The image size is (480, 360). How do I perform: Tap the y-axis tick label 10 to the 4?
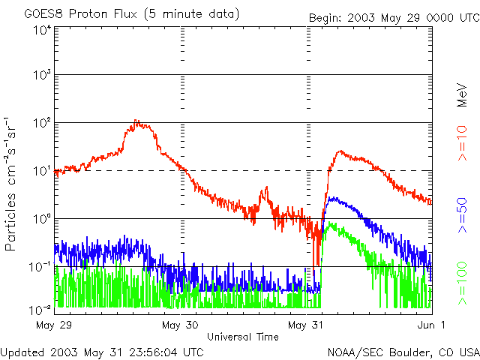[x=41, y=29]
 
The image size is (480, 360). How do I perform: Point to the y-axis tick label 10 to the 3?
[x=41, y=75]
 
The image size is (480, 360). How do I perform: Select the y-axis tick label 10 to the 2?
[x=41, y=123]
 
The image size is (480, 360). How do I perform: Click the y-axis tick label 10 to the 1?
[x=41, y=171]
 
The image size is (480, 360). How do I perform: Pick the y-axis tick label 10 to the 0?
[x=41, y=219]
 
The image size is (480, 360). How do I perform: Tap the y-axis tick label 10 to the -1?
[x=40, y=267]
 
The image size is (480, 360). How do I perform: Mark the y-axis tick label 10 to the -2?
[x=40, y=308]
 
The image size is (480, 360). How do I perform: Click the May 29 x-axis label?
[x=55, y=325]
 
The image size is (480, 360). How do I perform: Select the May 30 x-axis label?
[x=181, y=325]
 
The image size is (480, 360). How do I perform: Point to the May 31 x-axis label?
[x=307, y=325]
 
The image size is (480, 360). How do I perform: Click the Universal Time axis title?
[x=243, y=337]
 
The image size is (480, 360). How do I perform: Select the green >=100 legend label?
[x=462, y=279]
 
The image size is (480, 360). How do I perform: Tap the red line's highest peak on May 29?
[x=136, y=121]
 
